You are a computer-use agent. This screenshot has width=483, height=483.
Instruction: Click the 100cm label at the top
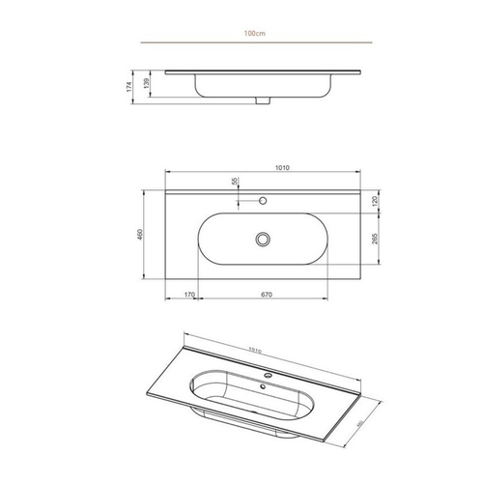pyautogui.click(x=256, y=32)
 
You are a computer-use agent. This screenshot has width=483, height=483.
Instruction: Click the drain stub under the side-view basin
pyautogui.click(x=261, y=99)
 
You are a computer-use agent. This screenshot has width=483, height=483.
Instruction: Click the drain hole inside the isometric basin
pyautogui.click(x=261, y=388)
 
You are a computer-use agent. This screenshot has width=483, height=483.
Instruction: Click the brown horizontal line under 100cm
pyautogui.click(x=256, y=43)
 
